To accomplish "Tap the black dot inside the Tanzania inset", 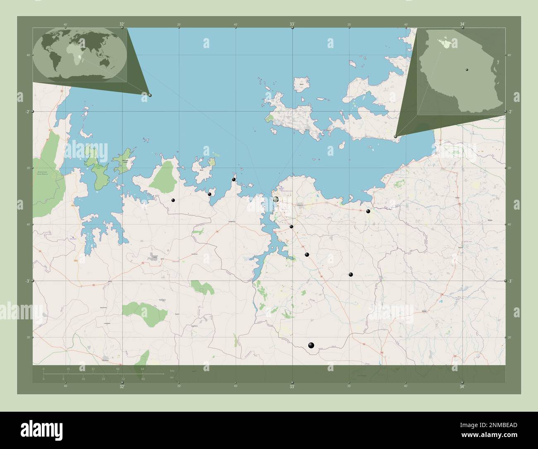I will click(466, 70).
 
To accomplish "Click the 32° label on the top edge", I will click(122, 24).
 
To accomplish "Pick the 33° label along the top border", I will click(292, 24).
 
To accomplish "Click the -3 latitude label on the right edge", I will click(511, 281).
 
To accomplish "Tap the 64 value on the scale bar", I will click(142, 369).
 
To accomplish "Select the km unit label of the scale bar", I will click(172, 370).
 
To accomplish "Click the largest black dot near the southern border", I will click(311, 345).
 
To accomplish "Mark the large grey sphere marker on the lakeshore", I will click(276, 200).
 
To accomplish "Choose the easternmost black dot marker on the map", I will click(368, 211).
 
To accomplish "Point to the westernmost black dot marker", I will click(173, 200).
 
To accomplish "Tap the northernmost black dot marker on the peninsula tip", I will click(234, 179).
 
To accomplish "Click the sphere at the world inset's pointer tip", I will click(150, 95).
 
